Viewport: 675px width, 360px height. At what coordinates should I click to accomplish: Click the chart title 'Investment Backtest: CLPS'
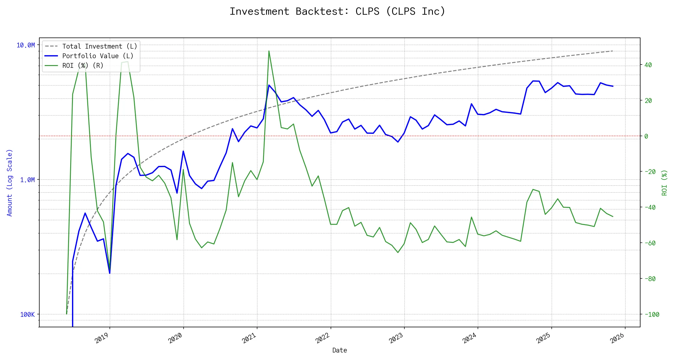pos(337,11)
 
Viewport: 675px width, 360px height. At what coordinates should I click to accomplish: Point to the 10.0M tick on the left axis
pos(25,45)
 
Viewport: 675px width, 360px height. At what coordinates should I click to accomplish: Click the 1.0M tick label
pos(27,180)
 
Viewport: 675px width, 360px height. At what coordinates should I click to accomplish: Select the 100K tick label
pos(27,314)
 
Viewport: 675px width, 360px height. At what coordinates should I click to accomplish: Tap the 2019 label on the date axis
pos(102,338)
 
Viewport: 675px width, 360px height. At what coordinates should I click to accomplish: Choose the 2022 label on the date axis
pos(323,338)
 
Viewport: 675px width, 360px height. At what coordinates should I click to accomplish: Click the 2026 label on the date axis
pos(617,338)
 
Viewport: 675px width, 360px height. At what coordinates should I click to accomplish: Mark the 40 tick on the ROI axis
pos(648,65)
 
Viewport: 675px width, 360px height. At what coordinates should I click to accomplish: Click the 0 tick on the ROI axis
pos(646,136)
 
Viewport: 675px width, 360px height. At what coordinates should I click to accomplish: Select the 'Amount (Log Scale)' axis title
pos(10,183)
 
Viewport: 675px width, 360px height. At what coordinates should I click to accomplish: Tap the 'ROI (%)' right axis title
pos(664,183)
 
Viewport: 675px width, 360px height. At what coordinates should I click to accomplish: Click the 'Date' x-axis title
pos(340,350)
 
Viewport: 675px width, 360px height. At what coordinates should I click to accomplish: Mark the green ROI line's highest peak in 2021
pos(269,51)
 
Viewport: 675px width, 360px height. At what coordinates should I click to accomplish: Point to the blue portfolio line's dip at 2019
pos(110,273)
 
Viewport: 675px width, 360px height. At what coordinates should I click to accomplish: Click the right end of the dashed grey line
pos(613,51)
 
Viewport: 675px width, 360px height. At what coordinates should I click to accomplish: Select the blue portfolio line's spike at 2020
pos(183,151)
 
